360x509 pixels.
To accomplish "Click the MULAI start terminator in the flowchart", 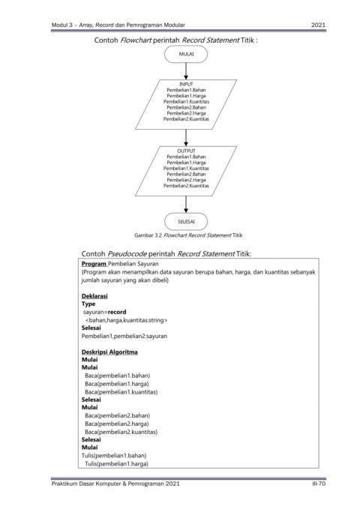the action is [186, 54].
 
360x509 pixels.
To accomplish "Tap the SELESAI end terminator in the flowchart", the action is [186, 222].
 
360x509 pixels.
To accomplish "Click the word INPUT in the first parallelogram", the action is [186, 84].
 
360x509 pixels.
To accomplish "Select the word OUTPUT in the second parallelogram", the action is [186, 151].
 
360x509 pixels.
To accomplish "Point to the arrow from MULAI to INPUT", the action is [186, 71].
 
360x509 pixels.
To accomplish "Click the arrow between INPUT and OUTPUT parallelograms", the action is [186, 138].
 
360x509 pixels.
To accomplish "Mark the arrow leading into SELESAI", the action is [186, 205].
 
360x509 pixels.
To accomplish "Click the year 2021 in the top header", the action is [318, 25].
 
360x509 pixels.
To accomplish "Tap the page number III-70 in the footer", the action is [319, 484].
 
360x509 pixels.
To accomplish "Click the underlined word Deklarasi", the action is [94, 296].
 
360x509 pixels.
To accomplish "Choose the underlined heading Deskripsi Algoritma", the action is [109, 352].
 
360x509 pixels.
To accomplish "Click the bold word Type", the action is [88, 304].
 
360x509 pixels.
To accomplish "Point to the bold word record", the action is [117, 312].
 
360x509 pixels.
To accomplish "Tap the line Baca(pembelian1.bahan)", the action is [118, 376].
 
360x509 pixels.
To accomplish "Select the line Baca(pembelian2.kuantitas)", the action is [121, 432].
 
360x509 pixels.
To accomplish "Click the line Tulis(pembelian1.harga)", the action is [117, 464].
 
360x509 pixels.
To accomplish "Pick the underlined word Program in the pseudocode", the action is [94, 264].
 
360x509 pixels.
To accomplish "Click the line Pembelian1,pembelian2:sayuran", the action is [124, 337].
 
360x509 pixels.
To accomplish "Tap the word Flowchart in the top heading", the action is [136, 40].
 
